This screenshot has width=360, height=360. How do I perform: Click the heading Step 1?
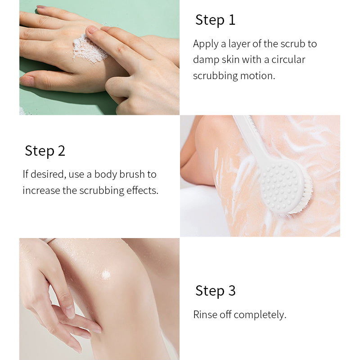(x=216, y=20)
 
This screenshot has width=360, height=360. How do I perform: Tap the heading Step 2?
(x=45, y=151)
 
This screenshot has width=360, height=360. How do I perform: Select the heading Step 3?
(x=216, y=291)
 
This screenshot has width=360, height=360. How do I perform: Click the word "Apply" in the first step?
(x=206, y=44)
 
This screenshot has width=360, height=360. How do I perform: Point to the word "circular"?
(x=288, y=60)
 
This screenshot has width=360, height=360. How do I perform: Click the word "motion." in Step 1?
(x=257, y=76)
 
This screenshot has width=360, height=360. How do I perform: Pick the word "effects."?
(x=142, y=190)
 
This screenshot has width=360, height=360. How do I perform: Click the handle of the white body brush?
(x=252, y=139)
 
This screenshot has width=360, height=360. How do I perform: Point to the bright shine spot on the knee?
(x=106, y=274)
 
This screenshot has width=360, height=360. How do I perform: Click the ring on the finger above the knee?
(x=49, y=241)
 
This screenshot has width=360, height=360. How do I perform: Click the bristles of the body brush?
(x=303, y=198)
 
